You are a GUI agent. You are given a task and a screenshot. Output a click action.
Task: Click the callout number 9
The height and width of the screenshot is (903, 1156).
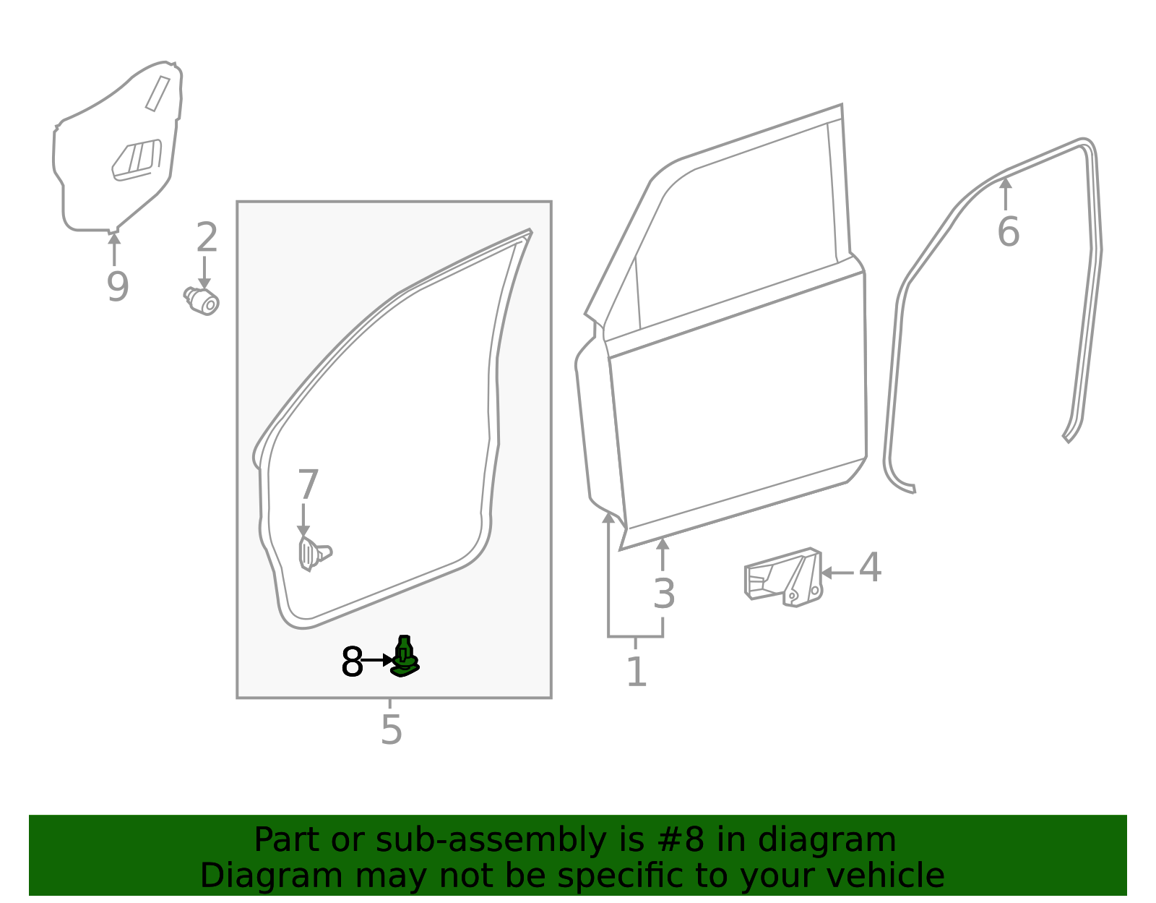[x=118, y=287]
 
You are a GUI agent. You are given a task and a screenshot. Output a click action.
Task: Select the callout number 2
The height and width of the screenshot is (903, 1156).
[x=207, y=237]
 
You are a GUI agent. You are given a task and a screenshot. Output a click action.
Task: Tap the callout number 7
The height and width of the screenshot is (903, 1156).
[x=308, y=484]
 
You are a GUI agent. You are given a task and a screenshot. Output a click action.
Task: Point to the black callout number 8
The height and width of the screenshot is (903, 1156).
[x=352, y=662]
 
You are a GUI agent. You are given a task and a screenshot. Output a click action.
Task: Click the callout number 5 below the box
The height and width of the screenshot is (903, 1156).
[x=392, y=729]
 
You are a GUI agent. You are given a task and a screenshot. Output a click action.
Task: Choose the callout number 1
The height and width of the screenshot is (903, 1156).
[x=637, y=672]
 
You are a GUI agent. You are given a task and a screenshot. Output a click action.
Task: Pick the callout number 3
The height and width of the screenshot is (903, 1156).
[x=664, y=594]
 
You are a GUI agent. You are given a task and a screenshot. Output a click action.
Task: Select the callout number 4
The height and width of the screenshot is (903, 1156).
[x=871, y=567]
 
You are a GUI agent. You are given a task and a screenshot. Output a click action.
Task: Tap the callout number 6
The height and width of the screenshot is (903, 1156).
[x=1009, y=232]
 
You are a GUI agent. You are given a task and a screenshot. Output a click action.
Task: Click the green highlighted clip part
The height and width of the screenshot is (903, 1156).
[x=405, y=656]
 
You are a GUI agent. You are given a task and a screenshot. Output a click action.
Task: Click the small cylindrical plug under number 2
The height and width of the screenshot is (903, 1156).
[x=202, y=301]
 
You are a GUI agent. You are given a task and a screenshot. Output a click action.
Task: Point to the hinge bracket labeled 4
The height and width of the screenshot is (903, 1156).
[x=784, y=578]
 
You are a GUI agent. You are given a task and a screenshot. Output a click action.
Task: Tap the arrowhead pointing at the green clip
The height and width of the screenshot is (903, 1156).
[x=388, y=660]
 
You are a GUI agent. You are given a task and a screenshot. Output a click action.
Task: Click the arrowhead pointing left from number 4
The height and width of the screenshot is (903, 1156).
[x=827, y=573]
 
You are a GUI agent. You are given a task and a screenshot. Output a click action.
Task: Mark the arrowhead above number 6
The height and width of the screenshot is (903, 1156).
[x=1006, y=184]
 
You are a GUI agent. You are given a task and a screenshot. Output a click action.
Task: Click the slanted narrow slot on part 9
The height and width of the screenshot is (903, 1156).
[x=158, y=94]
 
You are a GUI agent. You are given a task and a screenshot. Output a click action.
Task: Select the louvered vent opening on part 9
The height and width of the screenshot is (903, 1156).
[x=137, y=161]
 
